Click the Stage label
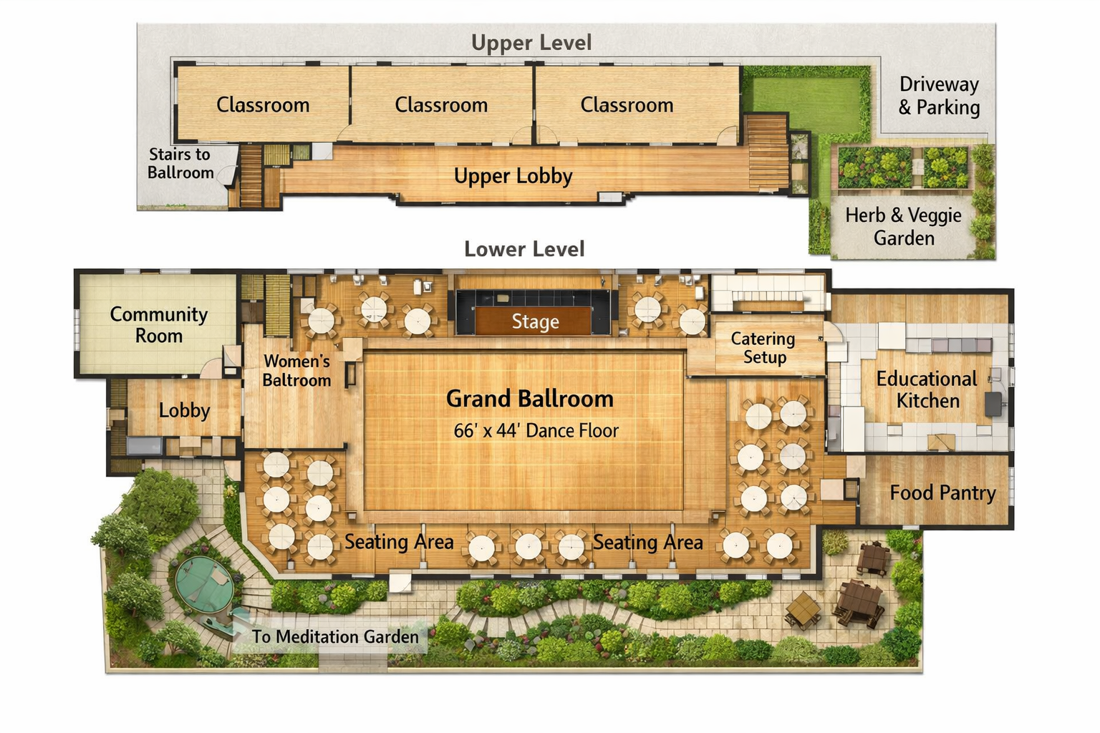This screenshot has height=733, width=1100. pyautogui.click(x=535, y=321)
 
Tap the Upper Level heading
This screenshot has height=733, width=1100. pyautogui.click(x=531, y=43)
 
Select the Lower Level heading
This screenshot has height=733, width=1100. pyautogui.click(x=524, y=249)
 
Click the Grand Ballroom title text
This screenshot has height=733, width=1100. pyautogui.click(x=530, y=398)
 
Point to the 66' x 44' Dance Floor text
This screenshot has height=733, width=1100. pyautogui.click(x=536, y=431)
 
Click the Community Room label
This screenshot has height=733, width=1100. pyautogui.click(x=158, y=325)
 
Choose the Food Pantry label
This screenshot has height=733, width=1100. pyautogui.click(x=943, y=492)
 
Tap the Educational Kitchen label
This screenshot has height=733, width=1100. pyautogui.click(x=927, y=389)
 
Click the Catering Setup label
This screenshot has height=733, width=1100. pyautogui.click(x=763, y=348)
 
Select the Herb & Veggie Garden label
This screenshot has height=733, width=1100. pyautogui.click(x=904, y=226)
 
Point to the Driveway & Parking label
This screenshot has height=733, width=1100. pyautogui.click(x=939, y=96)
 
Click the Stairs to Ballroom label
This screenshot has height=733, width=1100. pyautogui.click(x=180, y=163)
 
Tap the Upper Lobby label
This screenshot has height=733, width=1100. pyautogui.click(x=513, y=176)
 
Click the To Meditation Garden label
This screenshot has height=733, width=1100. pyautogui.click(x=335, y=637)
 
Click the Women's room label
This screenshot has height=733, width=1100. pyautogui.click(x=296, y=371)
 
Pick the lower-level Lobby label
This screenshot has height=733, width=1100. pyautogui.click(x=184, y=410)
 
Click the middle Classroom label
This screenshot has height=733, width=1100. pyautogui.click(x=441, y=105)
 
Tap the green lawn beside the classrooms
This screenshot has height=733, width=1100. pyautogui.click(x=806, y=103)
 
